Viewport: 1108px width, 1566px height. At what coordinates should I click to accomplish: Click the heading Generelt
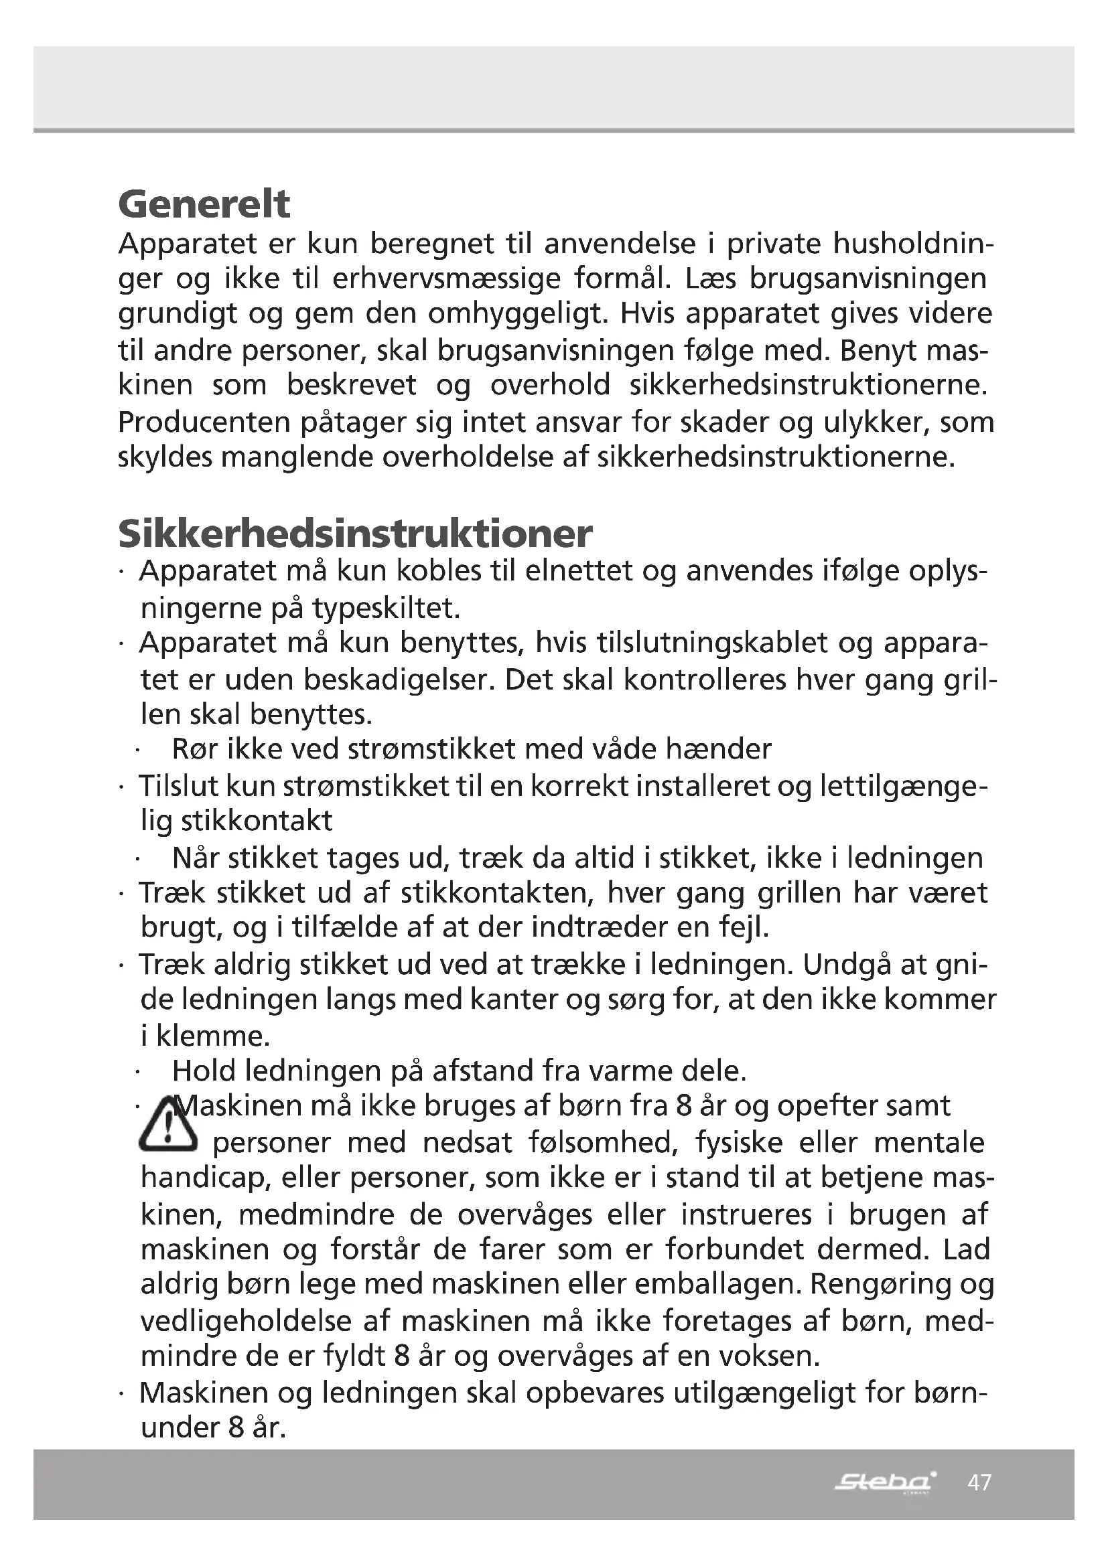pyautogui.click(x=204, y=204)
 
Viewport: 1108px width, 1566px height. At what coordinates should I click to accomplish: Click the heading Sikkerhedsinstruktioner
pyautogui.click(x=355, y=534)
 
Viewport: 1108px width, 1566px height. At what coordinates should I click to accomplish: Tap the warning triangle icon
pyautogui.click(x=168, y=1123)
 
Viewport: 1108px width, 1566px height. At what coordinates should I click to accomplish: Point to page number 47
pyautogui.click(x=979, y=1482)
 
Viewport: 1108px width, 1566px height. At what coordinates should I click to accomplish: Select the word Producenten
pyautogui.click(x=205, y=422)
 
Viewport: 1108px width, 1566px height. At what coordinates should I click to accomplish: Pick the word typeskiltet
pyautogui.click(x=387, y=608)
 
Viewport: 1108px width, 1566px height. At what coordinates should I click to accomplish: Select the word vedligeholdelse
pyautogui.click(x=247, y=1321)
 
